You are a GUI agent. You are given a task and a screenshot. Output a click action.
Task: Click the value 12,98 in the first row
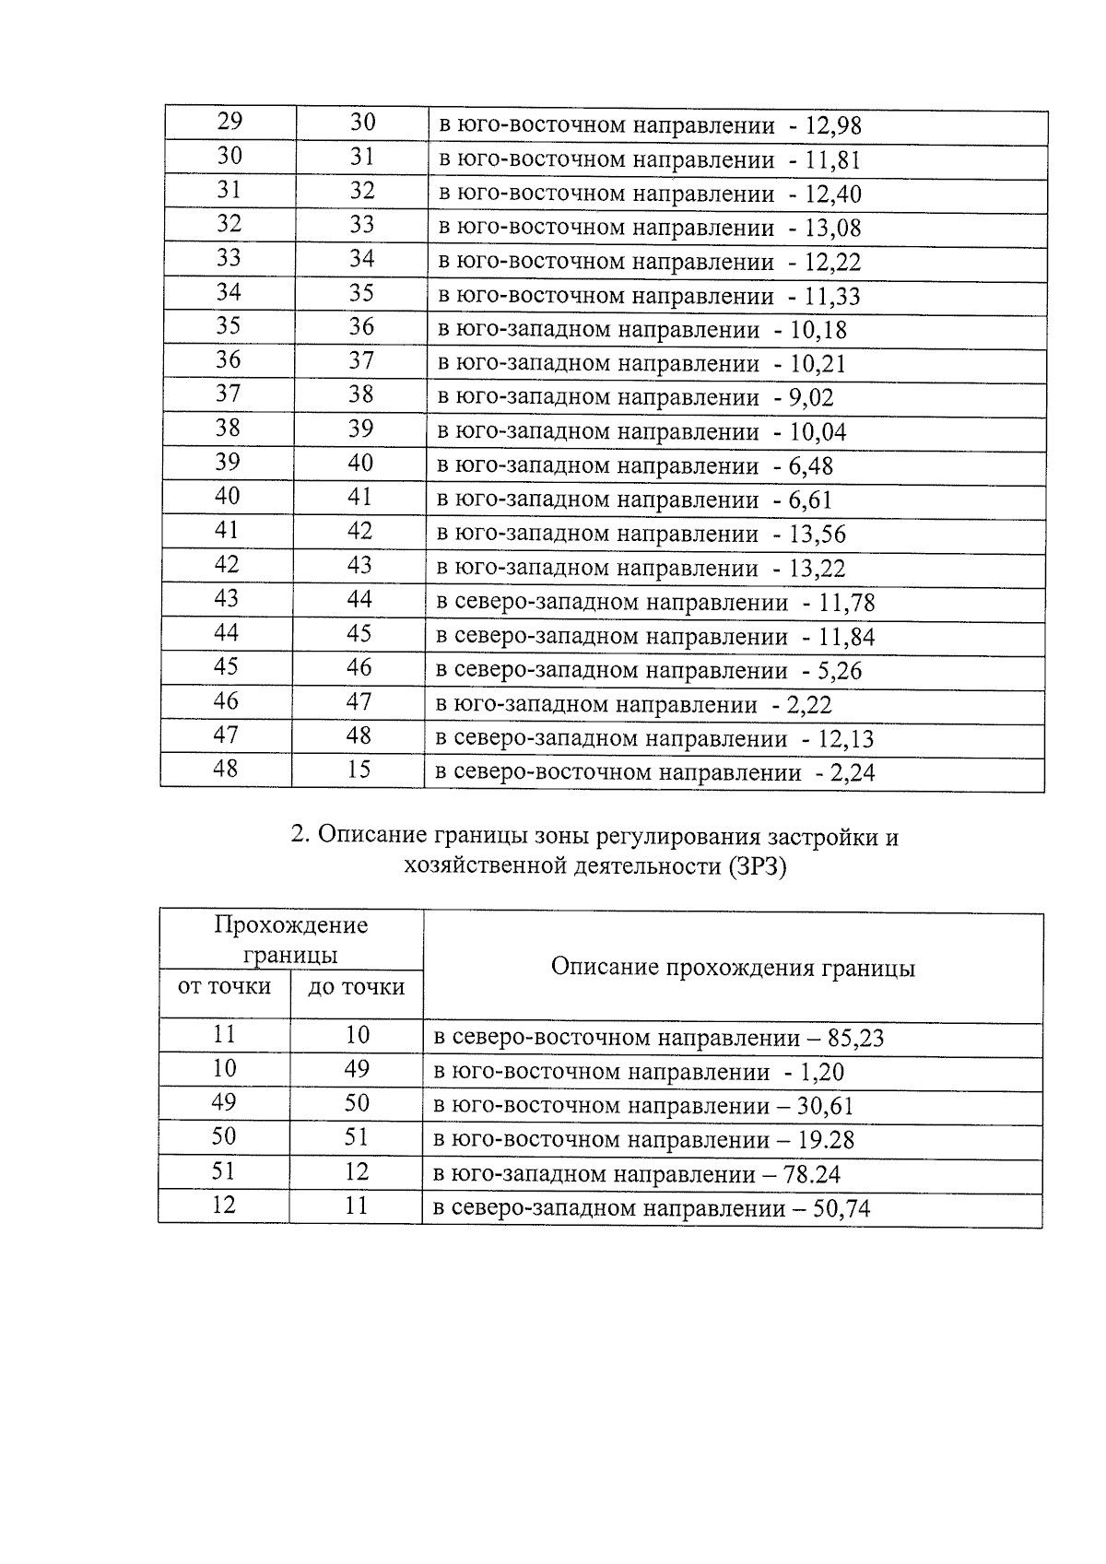tap(833, 126)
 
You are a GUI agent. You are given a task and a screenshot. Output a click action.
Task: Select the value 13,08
tap(833, 228)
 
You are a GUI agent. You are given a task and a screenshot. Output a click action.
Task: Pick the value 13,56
tap(818, 535)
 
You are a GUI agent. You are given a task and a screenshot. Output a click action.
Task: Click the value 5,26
tap(840, 671)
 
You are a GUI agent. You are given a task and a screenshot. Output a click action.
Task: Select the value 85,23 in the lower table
tap(855, 1039)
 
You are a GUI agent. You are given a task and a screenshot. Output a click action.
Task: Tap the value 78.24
tap(811, 1174)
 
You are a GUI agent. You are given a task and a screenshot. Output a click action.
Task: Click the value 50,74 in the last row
tap(841, 1208)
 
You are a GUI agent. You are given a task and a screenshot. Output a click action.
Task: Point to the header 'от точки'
tap(224, 987)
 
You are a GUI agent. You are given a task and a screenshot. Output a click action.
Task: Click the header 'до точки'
tap(357, 987)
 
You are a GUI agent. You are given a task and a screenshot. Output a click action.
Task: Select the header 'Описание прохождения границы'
tap(733, 968)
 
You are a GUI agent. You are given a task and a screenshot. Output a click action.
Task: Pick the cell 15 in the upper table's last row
tap(359, 769)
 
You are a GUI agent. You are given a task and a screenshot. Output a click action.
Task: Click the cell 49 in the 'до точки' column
tap(357, 1069)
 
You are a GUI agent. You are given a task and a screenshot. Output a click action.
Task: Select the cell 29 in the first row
tap(229, 122)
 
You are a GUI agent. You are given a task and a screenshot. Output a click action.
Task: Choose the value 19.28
tap(826, 1140)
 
